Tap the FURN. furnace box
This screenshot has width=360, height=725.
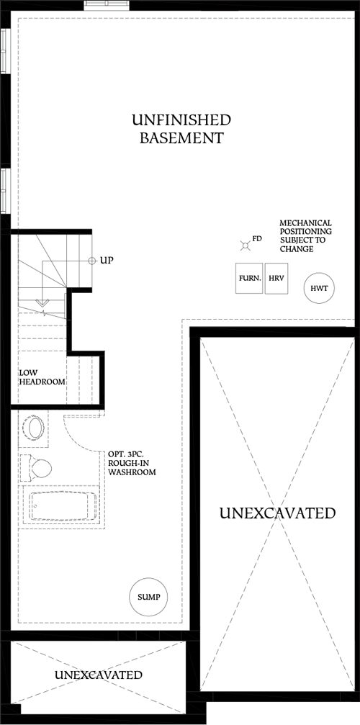click(248, 278)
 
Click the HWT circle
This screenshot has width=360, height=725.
click(319, 288)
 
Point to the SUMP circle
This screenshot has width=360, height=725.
click(148, 597)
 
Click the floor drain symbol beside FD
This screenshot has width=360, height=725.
click(245, 246)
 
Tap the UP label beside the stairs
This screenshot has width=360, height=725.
click(107, 260)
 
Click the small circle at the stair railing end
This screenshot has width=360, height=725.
click(91, 260)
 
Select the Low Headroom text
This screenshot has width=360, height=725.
click(42, 377)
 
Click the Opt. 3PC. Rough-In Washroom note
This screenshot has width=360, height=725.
click(132, 464)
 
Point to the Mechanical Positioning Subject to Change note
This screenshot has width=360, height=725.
click(305, 236)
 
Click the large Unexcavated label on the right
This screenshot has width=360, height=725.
click(277, 513)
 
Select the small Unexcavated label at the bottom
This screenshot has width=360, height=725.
click(99, 675)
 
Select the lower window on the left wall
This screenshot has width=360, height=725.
click(4, 190)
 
